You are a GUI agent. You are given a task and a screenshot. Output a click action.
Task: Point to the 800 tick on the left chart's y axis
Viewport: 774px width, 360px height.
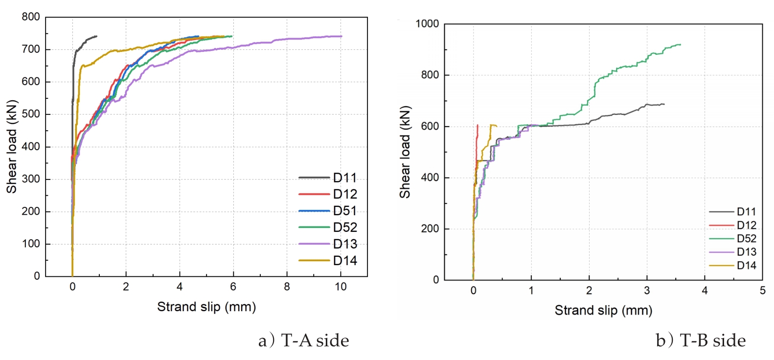(31, 17)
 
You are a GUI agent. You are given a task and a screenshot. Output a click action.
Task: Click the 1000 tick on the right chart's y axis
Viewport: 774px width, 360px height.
(427, 24)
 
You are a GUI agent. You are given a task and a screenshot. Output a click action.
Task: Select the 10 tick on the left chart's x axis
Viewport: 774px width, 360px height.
(341, 287)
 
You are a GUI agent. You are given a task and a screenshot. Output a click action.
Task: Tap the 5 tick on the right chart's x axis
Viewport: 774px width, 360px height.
(762, 291)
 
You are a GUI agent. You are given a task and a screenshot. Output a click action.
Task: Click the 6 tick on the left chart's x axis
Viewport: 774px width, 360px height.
(233, 287)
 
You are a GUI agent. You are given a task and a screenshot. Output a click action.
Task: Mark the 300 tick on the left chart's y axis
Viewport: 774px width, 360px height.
(31, 179)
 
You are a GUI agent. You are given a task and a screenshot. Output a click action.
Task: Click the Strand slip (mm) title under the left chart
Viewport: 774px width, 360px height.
(206, 307)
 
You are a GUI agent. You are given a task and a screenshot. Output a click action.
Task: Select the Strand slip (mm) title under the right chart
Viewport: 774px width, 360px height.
(603, 311)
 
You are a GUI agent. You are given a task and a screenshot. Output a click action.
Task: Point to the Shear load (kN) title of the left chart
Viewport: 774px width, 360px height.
(12, 147)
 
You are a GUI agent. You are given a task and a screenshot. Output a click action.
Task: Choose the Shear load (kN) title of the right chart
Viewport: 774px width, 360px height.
(405, 152)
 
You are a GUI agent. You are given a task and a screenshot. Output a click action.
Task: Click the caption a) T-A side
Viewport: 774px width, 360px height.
(304, 340)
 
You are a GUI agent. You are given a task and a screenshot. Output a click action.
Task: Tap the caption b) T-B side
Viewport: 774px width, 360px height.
(701, 340)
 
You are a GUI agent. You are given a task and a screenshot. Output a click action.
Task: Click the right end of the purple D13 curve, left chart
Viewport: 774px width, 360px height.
(341, 36)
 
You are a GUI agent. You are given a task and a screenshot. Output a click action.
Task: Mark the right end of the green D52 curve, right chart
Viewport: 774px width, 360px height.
(681, 45)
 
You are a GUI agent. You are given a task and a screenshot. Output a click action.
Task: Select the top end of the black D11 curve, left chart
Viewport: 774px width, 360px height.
(96, 36)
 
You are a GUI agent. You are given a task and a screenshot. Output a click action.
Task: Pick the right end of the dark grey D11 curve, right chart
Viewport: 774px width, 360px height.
(664, 104)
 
